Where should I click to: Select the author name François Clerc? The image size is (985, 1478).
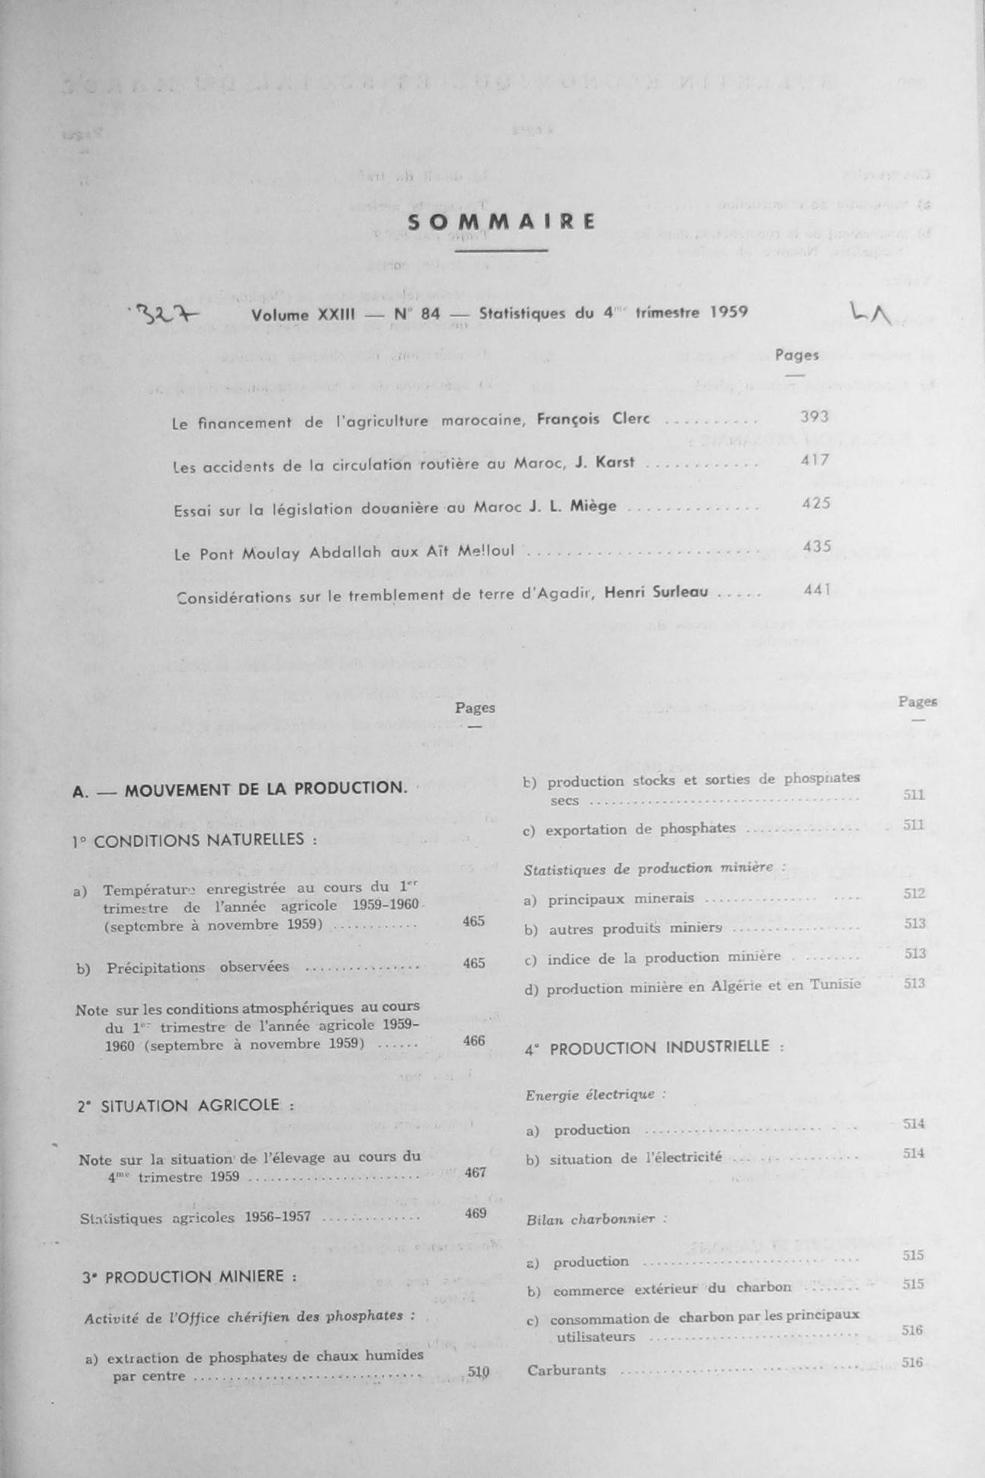click(593, 419)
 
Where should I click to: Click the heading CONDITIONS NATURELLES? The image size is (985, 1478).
click(205, 841)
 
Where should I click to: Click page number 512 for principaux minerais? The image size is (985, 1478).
click(915, 893)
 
